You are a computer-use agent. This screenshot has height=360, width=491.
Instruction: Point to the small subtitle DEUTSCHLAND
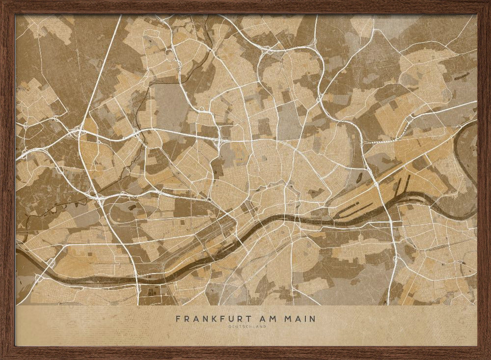tap(245, 327)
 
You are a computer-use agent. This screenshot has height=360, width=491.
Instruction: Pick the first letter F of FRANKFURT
tap(178, 319)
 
